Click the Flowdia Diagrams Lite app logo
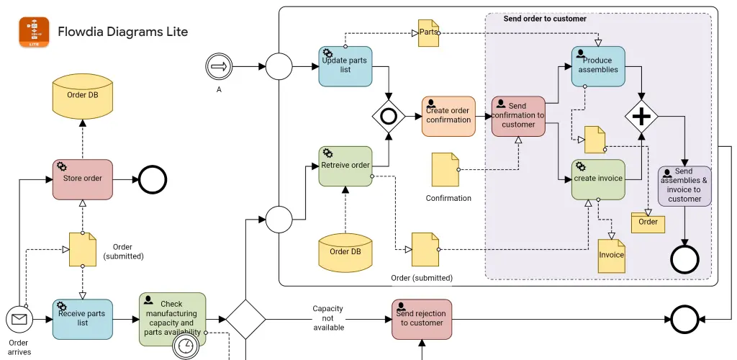click(34, 32)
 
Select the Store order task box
click(83, 179)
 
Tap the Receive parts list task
click(83, 319)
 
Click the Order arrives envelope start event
click(19, 320)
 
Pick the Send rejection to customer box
click(422, 319)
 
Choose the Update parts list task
click(345, 66)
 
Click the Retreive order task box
click(345, 166)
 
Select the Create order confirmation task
click(448, 116)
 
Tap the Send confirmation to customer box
click(518, 116)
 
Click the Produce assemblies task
click(598, 66)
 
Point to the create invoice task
click(598, 179)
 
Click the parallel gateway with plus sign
click(641, 116)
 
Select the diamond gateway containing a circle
click(389, 116)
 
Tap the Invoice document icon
click(612, 256)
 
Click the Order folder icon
click(648, 222)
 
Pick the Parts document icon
click(429, 33)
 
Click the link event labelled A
click(219, 66)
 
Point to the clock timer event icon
click(186, 346)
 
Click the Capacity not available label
click(328, 318)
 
